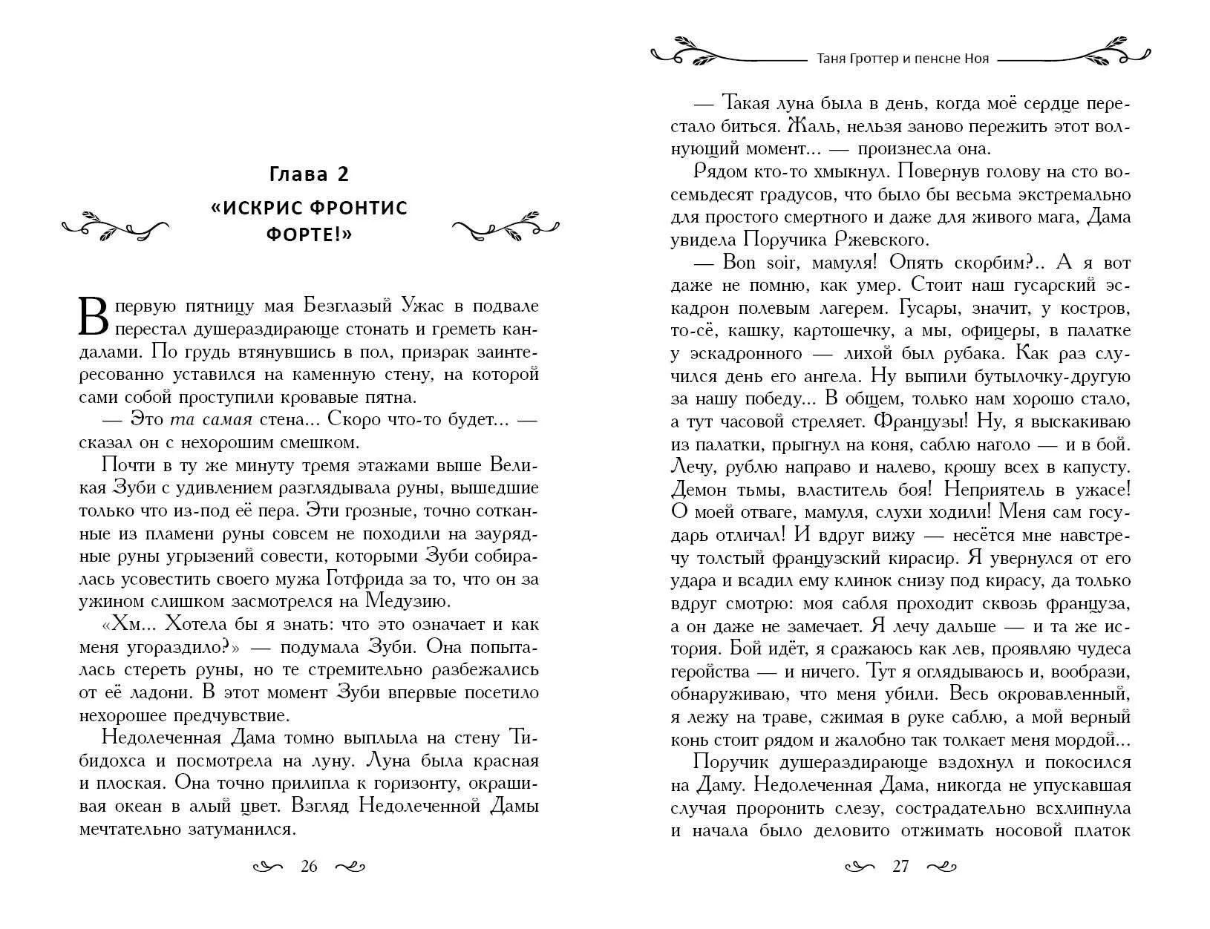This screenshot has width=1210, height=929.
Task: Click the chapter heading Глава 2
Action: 309,174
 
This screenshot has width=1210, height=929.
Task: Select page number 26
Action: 309,867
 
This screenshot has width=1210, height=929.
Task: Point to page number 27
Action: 900,867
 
